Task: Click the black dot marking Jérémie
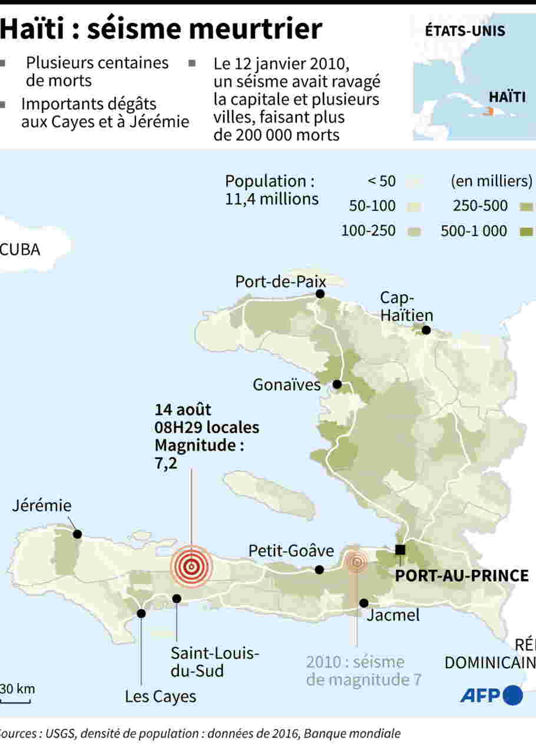77,534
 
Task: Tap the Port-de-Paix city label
280,281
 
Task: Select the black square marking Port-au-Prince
400,550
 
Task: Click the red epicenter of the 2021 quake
190,566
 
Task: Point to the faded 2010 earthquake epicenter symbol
356,562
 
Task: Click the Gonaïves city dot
337,384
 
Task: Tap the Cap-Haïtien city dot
426,330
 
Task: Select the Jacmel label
393,615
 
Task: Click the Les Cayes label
160,697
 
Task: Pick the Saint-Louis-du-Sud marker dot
177,598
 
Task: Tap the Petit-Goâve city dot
319,569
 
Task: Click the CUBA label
21,250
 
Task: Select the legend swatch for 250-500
527,206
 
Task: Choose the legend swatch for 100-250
415,231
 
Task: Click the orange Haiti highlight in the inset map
487,111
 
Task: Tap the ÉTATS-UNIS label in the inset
465,31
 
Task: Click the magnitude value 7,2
166,463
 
